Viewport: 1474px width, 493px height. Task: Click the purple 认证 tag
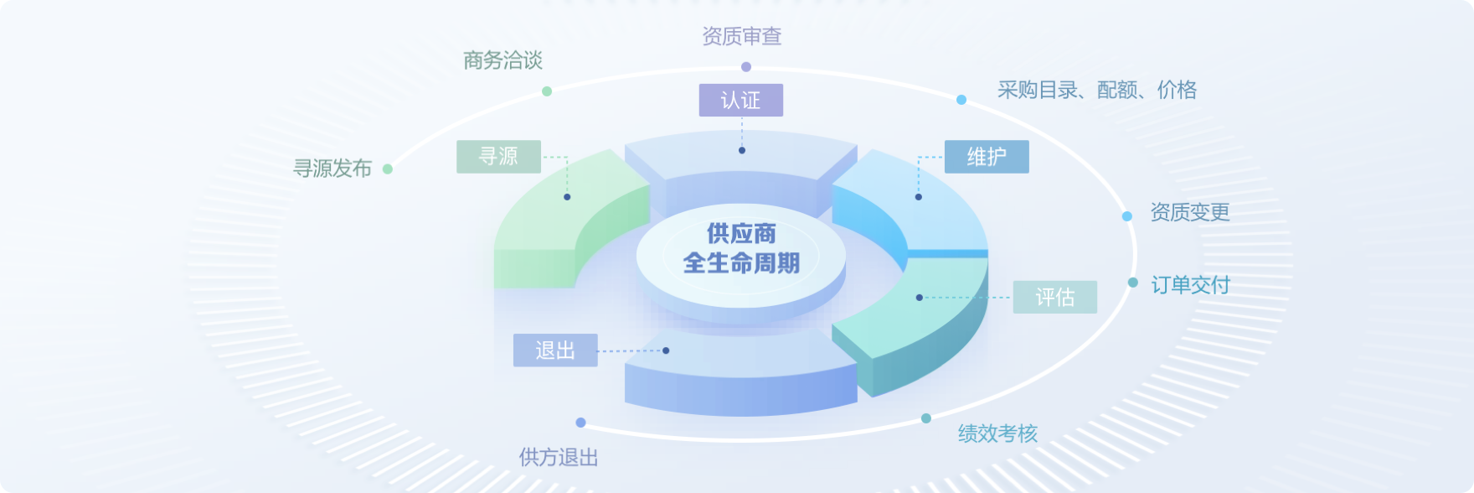(741, 100)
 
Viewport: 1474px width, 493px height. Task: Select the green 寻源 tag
(498, 157)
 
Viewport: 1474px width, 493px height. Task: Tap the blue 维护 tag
(987, 157)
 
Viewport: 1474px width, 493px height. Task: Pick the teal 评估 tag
(1054, 298)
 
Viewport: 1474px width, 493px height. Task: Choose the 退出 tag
(555, 350)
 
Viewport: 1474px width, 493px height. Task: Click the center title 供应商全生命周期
(741, 249)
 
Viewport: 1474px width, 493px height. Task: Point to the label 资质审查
(741, 36)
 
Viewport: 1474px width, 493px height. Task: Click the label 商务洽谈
(502, 60)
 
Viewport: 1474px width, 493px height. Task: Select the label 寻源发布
(332, 169)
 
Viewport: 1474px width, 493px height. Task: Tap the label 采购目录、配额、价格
(1096, 90)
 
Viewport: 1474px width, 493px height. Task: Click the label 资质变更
(1189, 212)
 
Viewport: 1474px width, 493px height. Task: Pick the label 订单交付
(1190, 285)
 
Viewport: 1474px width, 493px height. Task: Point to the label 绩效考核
(997, 433)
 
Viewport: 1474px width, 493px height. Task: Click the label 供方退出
(559, 458)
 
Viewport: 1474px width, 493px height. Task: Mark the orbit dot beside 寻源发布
(388, 169)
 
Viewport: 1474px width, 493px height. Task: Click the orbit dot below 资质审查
(746, 67)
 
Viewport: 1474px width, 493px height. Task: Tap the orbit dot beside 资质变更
(1127, 216)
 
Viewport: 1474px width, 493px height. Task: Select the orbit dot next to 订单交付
(1133, 283)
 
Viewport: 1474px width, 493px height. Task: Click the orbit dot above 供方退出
(580, 423)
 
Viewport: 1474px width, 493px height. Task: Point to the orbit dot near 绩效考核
(926, 418)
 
